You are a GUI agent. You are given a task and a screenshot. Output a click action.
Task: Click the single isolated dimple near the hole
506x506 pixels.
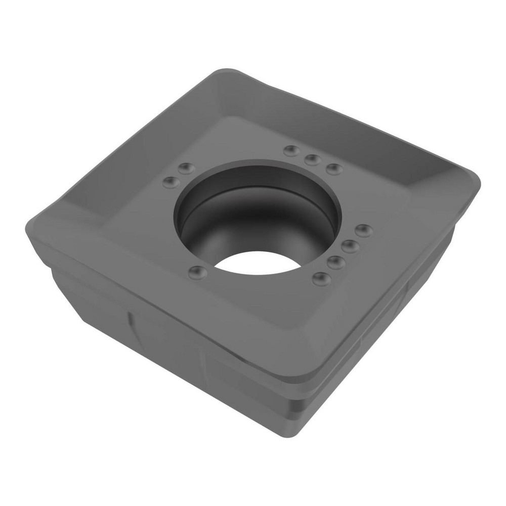coord(196,273)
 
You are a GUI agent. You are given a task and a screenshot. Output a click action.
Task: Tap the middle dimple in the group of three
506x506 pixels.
coord(313,160)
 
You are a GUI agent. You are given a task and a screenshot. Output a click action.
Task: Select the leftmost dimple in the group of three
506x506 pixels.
coord(291,150)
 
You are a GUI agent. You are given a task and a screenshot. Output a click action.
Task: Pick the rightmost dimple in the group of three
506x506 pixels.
coord(334,169)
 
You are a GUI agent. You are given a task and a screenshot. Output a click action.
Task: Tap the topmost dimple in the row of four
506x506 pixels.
coord(364,231)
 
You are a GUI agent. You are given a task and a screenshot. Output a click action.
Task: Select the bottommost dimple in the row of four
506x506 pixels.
coord(321,278)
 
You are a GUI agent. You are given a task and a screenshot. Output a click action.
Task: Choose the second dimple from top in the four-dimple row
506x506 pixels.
coord(350,246)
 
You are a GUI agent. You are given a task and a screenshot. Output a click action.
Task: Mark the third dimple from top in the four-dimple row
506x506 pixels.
coord(336,262)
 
